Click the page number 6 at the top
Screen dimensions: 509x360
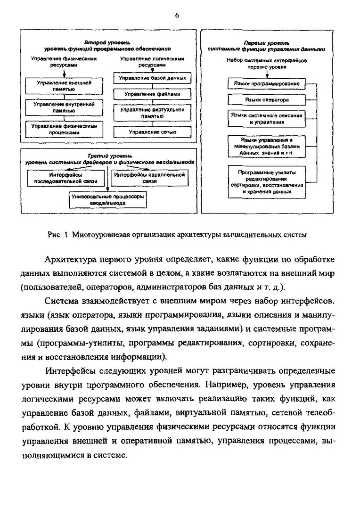click(x=177, y=15)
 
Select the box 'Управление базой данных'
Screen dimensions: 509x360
click(x=152, y=78)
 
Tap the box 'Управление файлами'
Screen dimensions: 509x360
click(x=152, y=94)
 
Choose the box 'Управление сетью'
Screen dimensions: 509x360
click(x=152, y=132)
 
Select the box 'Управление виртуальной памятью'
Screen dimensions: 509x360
click(x=152, y=113)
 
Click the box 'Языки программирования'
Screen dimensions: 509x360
click(x=266, y=83)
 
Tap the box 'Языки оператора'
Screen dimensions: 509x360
click(x=266, y=100)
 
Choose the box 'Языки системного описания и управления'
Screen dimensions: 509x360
click(x=266, y=118)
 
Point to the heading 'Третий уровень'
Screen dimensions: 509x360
click(x=109, y=156)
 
